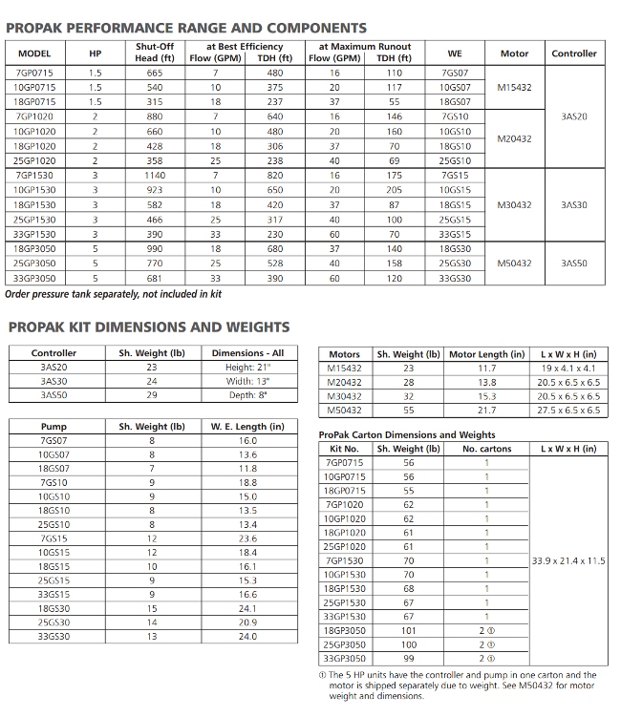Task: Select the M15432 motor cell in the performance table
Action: click(515, 86)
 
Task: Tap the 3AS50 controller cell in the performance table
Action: click(574, 263)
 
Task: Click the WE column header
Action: click(455, 53)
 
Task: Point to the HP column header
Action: click(95, 53)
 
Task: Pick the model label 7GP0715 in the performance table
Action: click(35, 73)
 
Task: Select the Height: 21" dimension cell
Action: click(247, 368)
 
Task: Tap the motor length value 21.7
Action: click(486, 410)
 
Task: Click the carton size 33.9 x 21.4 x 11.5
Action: click(567, 560)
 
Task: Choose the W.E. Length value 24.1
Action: click(247, 608)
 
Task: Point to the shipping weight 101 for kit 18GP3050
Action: click(408, 630)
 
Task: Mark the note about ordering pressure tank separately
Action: click(114, 294)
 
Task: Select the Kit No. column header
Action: click(343, 448)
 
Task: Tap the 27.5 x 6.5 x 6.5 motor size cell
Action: click(567, 410)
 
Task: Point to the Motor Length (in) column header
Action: click(486, 354)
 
